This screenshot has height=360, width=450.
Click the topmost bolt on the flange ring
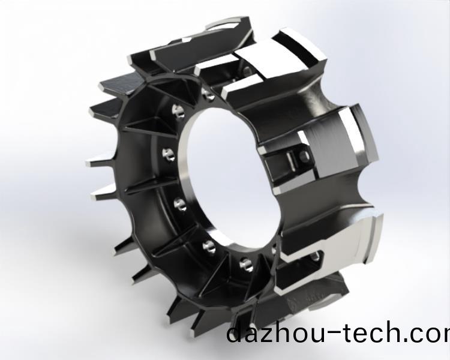coord(208,94)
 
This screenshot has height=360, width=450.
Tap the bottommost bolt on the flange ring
coord(245,265)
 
